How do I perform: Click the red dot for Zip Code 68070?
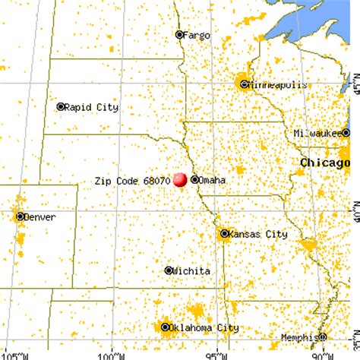point(180,180)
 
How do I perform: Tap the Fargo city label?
point(198,34)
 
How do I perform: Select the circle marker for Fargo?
point(180,34)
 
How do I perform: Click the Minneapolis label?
point(279,85)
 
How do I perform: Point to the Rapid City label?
point(91,107)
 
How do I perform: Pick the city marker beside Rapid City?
point(61,107)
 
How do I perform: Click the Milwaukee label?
point(318,134)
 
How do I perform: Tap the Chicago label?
point(324,163)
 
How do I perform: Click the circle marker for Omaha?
point(196,180)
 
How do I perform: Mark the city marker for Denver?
point(21,216)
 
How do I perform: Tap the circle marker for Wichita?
point(169,270)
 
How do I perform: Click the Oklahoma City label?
point(207,328)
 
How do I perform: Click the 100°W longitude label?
point(112,355)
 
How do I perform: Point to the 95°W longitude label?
point(217,355)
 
